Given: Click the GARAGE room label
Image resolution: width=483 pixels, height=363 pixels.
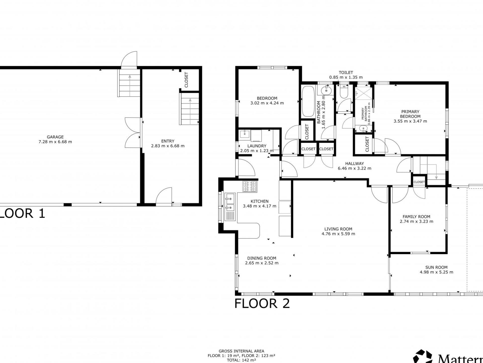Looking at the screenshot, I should click(55, 137).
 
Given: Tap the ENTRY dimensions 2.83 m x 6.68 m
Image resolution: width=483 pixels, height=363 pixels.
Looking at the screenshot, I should click(168, 146).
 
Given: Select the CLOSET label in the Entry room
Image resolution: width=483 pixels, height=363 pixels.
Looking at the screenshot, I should click(186, 80).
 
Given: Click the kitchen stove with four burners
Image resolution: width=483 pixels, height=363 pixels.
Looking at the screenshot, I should click(250, 187).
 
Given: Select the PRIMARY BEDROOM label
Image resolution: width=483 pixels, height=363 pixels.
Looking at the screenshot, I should click(410, 114).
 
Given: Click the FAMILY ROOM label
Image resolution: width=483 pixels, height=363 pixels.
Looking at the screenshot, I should click(416, 217).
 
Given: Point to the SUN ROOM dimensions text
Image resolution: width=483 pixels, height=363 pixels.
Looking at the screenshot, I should click(436, 272).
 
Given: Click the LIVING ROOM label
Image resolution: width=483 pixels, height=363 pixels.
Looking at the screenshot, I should click(338, 229).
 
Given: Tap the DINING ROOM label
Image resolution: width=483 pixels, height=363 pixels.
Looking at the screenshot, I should click(262, 258).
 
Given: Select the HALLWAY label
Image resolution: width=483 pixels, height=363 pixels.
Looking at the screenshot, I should click(354, 163).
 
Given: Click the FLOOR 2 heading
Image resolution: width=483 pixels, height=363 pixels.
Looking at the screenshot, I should click(262, 304).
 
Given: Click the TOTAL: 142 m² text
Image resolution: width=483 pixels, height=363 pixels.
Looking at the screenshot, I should click(241, 360).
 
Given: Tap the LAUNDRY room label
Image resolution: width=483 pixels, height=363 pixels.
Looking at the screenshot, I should click(257, 146).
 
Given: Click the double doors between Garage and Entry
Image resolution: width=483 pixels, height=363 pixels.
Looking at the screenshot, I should click(133, 132).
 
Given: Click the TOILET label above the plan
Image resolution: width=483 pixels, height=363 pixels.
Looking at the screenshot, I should click(346, 73).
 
